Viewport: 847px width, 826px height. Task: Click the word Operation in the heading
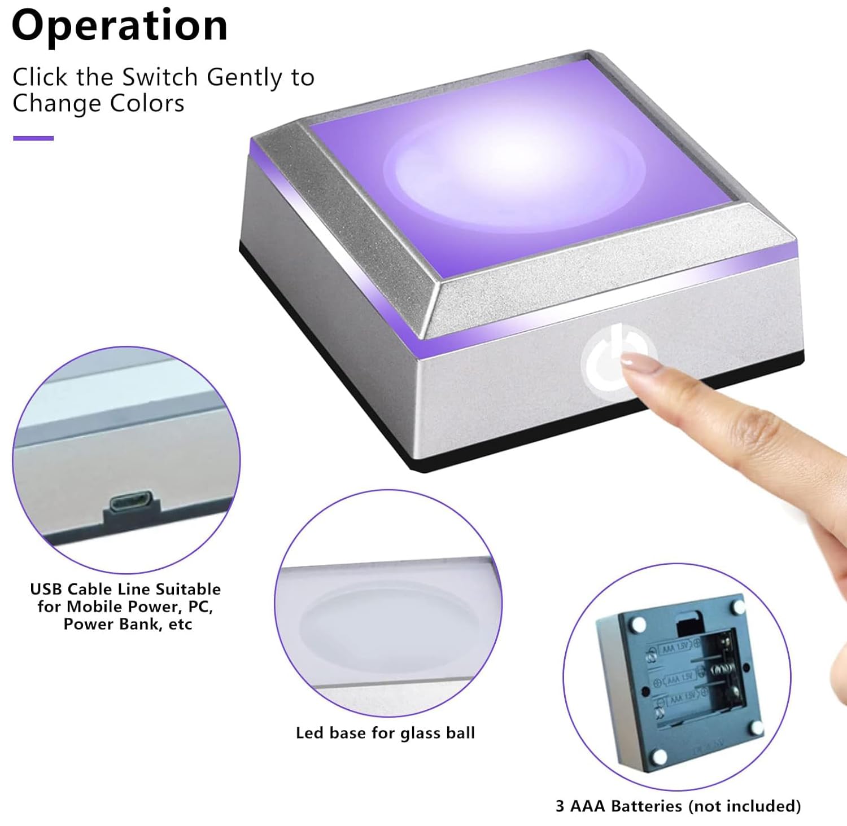tap(120, 26)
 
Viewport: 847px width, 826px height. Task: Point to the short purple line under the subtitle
tap(33, 138)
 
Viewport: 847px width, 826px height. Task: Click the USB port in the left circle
tap(131, 502)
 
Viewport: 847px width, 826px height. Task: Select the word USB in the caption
tap(46, 589)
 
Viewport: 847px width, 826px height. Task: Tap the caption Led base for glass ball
tap(385, 733)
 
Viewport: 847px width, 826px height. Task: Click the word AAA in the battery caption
tap(588, 806)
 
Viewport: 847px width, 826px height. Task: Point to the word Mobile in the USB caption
tap(91, 607)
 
